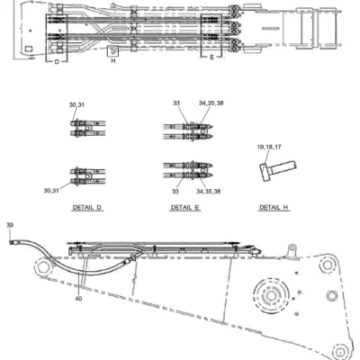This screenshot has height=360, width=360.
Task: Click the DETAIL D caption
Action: click(x=87, y=207)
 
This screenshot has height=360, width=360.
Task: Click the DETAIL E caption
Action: click(x=184, y=207)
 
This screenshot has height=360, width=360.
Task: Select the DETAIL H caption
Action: click(x=274, y=207)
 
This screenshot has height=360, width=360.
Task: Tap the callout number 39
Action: click(x=10, y=225)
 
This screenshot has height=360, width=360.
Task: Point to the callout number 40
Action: click(x=78, y=299)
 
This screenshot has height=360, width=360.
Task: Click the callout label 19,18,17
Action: click(x=269, y=147)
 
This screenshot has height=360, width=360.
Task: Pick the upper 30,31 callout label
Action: click(x=76, y=104)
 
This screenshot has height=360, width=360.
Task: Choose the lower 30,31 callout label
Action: click(x=51, y=191)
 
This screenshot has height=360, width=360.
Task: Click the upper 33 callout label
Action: click(x=176, y=103)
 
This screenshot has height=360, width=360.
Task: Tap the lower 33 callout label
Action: click(x=175, y=191)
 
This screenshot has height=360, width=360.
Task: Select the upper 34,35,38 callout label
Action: click(x=211, y=103)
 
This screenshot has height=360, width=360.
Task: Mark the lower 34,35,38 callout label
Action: click(x=209, y=191)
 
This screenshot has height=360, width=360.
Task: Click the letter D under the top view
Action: click(x=57, y=62)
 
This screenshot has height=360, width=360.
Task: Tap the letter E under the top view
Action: click(x=211, y=57)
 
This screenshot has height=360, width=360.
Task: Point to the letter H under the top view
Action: click(x=113, y=61)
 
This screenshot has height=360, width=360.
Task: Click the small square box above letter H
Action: click(x=113, y=51)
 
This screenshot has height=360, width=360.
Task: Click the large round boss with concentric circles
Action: click(x=271, y=296)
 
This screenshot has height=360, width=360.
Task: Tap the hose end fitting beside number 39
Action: click(x=13, y=242)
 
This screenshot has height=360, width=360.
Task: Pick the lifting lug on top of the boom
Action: click(x=291, y=251)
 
